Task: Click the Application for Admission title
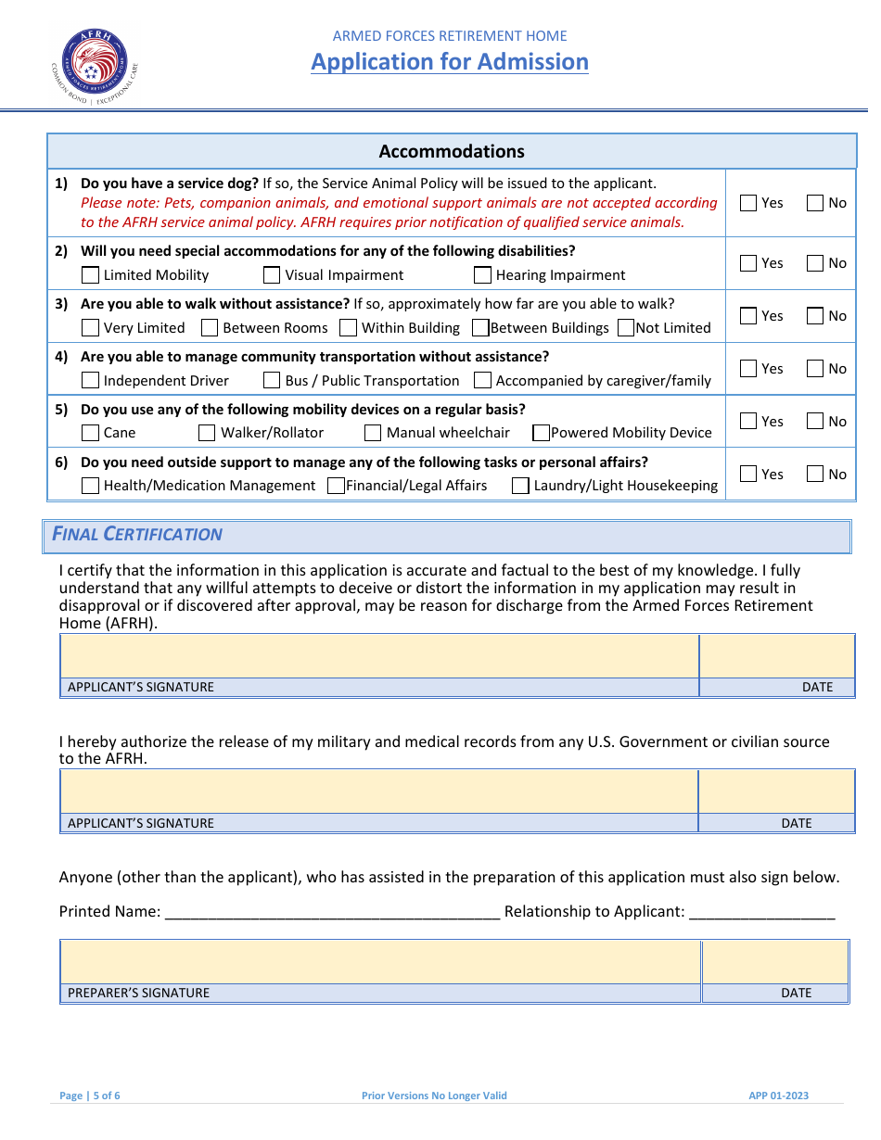pos(450,62)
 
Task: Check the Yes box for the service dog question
pos(748,203)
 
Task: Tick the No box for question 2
pos(815,263)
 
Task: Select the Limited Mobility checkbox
pos(91,275)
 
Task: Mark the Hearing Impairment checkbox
pos(482,275)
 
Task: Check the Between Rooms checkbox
pos(210,328)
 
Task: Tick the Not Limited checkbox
pos(625,328)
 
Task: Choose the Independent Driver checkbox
pos(91,381)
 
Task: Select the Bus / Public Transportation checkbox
pos(272,381)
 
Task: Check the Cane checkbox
pos(91,433)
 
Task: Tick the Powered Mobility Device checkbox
pos(541,433)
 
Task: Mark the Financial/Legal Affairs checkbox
pos(337,486)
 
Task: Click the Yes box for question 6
pos(748,475)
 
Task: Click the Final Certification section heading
pos(137,535)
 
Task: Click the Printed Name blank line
pos(332,912)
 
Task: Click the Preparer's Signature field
pos(380,962)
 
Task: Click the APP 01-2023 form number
pos(778,1096)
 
